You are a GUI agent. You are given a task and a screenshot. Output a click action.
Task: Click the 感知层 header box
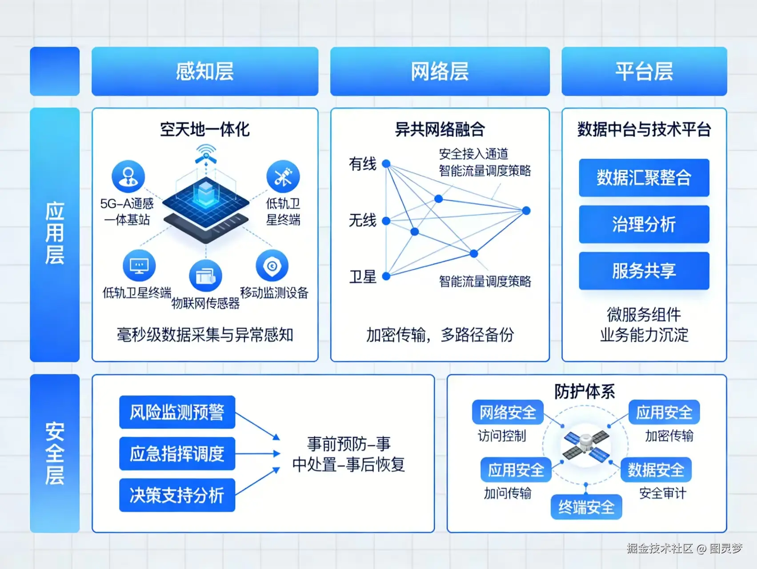pos(205,71)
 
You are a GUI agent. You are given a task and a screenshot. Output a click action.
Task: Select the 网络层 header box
pos(440,71)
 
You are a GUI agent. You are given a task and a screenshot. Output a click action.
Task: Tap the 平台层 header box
pos(644,71)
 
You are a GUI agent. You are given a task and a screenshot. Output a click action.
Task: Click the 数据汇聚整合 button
pos(644,178)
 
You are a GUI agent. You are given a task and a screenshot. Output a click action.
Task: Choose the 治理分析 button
pos(644,224)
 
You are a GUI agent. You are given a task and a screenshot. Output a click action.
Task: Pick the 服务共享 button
pos(644,271)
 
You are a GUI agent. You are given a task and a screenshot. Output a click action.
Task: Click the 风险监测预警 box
pos(177,412)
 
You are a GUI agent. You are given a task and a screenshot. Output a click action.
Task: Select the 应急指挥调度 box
pos(177,454)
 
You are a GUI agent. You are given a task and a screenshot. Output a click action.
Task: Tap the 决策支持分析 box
pos(177,495)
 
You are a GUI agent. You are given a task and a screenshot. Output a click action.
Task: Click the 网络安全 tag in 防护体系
pos(508,412)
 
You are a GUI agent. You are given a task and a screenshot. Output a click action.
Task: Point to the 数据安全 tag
pos(656,470)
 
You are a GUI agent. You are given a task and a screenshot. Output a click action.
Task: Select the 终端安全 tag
pos(586,507)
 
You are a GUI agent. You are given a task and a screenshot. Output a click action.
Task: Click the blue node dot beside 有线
pos(386,164)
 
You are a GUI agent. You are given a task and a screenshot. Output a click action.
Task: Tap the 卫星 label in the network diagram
pos(363,277)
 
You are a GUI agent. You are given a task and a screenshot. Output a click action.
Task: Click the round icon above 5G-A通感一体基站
pos(128,176)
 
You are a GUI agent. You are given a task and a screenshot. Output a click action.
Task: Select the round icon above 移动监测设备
pos(272,266)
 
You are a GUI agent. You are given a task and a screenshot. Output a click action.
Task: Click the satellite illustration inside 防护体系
pos(586,445)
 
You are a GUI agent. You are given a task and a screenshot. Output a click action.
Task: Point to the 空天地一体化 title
pos(205,129)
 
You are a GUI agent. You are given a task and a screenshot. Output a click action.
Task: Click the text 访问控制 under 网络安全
pos(502,436)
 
